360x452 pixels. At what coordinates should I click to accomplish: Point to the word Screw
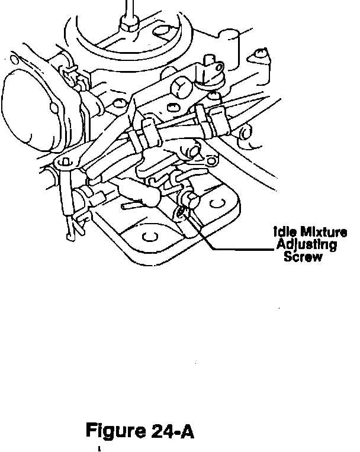pos(303,257)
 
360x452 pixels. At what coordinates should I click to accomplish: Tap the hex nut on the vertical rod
pos(127,23)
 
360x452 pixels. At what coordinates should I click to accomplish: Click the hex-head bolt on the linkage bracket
pos(181,89)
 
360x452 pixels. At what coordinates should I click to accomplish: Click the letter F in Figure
pos(91,430)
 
